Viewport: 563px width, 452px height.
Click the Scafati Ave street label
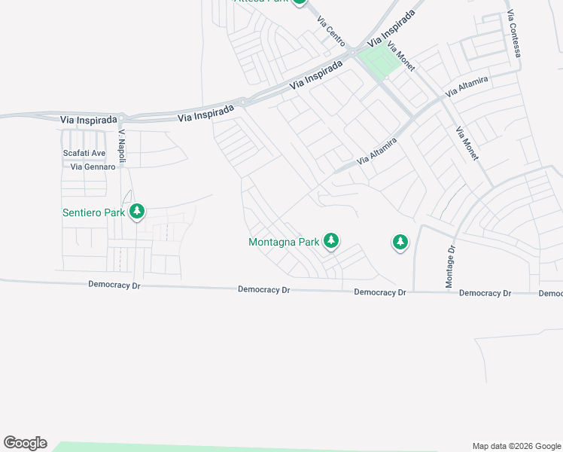pos(84,154)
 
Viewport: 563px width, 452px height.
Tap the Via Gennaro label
pos(93,166)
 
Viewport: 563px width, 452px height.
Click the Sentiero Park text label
pos(93,212)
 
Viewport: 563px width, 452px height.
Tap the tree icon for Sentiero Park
pos(136,212)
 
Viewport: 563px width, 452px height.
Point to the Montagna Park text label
pos(284,243)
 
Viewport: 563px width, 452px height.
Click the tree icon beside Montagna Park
pos(330,241)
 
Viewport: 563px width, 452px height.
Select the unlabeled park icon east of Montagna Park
pos(400,242)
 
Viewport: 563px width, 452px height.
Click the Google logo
pos(25,443)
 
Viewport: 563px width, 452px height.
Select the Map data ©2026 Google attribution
pos(516,446)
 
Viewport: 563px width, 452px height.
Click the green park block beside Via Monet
pos(378,62)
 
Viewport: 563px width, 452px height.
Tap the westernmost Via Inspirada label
pos(89,120)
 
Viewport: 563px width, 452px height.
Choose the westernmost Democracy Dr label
pos(114,285)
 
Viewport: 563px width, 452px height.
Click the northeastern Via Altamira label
pos(467,86)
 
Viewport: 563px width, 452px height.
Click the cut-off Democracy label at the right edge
pos(551,293)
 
